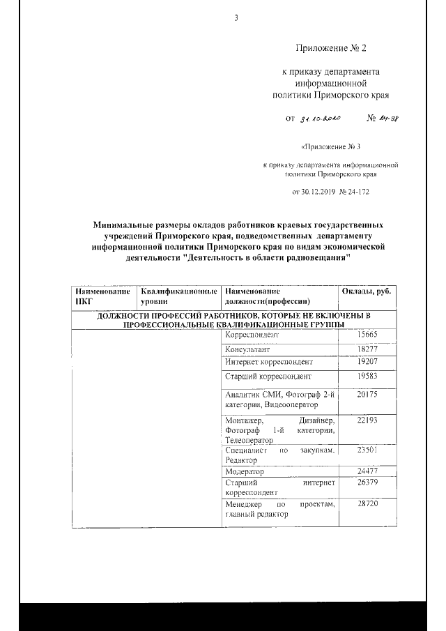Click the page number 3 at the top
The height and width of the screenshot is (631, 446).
pyautogui.click(x=236, y=18)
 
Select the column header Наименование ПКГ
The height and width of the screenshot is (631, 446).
pyautogui.click(x=102, y=296)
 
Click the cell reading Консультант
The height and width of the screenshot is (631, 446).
pyautogui.click(x=247, y=349)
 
